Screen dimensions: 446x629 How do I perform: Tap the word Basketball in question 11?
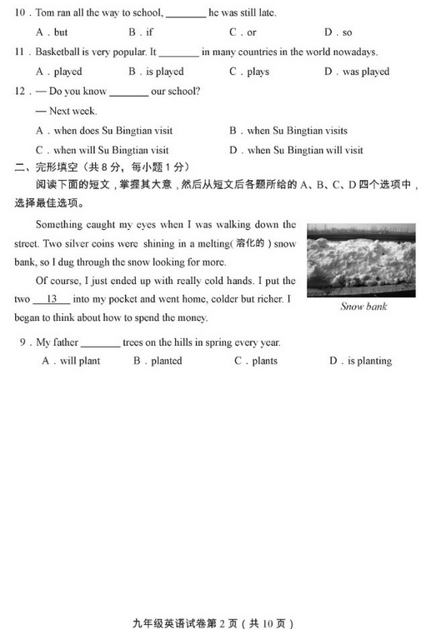coord(62,52)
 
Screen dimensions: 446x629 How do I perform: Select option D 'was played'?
coord(357,72)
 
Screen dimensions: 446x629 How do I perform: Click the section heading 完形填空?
coord(58,169)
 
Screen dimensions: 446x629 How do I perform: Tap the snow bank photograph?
coord(361,259)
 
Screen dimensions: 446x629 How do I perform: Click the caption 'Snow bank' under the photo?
coord(363,307)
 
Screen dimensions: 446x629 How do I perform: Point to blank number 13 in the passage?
coord(52,299)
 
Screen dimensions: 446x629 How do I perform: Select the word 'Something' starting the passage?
coord(59,225)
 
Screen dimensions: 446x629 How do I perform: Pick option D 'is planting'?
coord(361,362)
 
